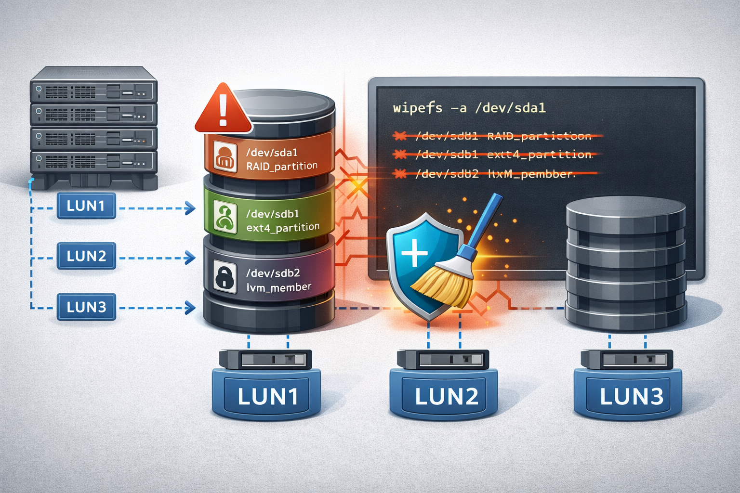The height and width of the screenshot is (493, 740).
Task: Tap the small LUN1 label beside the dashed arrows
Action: [x=86, y=206]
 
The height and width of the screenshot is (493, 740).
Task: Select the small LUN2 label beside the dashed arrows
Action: [x=86, y=256]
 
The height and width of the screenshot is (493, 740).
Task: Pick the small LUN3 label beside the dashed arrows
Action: [x=86, y=307]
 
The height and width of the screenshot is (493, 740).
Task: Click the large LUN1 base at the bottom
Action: [x=266, y=396]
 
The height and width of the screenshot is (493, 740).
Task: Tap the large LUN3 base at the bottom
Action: [x=628, y=396]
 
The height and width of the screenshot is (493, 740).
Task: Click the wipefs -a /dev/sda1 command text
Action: [x=469, y=108]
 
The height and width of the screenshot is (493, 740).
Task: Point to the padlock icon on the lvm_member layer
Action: [x=225, y=276]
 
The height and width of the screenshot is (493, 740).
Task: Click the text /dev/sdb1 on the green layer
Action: [x=272, y=214]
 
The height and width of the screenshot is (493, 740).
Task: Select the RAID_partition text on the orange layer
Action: [x=282, y=167]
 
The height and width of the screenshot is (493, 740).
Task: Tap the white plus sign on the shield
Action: [x=414, y=253]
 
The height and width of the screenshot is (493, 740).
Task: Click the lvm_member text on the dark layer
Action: [x=278, y=288]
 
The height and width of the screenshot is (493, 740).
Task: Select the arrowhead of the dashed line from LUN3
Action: [x=191, y=307]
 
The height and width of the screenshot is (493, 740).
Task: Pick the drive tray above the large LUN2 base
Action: [x=443, y=359]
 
